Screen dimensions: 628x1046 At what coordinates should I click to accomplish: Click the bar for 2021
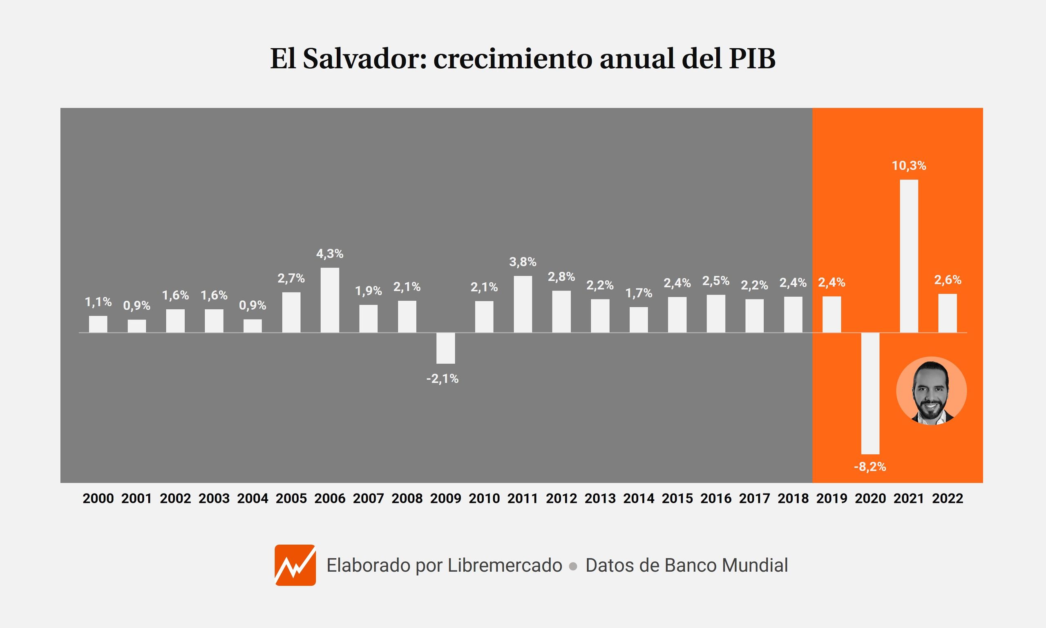click(908, 256)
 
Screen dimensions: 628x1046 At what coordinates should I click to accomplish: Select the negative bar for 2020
click(870, 393)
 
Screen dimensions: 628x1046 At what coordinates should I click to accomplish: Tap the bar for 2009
click(445, 348)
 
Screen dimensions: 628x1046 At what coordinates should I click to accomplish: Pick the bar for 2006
click(330, 300)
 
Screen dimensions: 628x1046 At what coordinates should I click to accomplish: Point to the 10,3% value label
click(909, 166)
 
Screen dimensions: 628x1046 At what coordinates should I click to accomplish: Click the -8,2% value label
click(870, 467)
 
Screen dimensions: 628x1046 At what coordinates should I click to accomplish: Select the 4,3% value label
click(330, 254)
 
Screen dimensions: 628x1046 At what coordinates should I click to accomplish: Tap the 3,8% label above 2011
click(523, 262)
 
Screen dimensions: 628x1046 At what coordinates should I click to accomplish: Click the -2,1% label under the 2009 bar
click(442, 379)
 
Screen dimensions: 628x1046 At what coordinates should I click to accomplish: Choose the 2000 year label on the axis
click(98, 498)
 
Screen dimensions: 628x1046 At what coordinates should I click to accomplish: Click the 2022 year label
click(948, 498)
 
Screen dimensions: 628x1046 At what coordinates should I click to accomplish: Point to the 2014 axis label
click(639, 498)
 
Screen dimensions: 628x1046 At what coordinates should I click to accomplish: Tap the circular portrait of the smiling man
click(931, 391)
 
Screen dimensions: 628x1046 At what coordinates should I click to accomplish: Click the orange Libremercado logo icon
click(295, 565)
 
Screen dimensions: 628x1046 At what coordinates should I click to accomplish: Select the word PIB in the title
click(752, 58)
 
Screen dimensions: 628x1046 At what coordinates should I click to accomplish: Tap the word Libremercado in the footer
click(504, 565)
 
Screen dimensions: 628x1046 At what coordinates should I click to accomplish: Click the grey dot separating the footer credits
click(573, 566)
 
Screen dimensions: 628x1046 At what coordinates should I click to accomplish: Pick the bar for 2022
click(948, 313)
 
